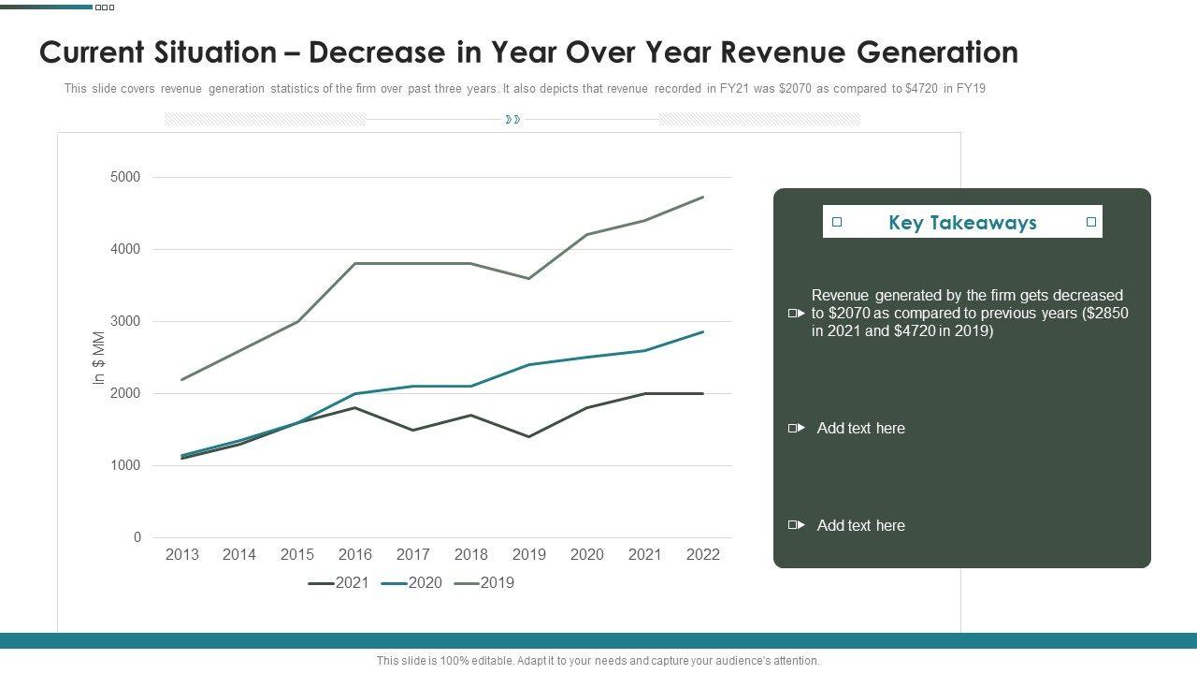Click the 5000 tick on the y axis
(x=124, y=177)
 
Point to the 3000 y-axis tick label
(x=124, y=321)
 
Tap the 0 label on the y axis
(x=137, y=537)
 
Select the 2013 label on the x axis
(x=181, y=554)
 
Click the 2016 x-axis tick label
(x=355, y=554)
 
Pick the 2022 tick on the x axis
(x=703, y=554)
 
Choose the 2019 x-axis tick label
(x=529, y=554)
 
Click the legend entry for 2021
(x=339, y=582)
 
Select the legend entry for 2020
(x=412, y=582)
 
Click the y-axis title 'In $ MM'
(x=98, y=358)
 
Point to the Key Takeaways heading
(x=962, y=223)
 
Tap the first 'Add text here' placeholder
(x=860, y=428)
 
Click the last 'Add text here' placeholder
(x=860, y=525)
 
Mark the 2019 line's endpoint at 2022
(x=703, y=197)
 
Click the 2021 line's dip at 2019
(x=529, y=436)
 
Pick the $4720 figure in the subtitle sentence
(x=922, y=89)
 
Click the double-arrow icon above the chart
(x=512, y=120)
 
